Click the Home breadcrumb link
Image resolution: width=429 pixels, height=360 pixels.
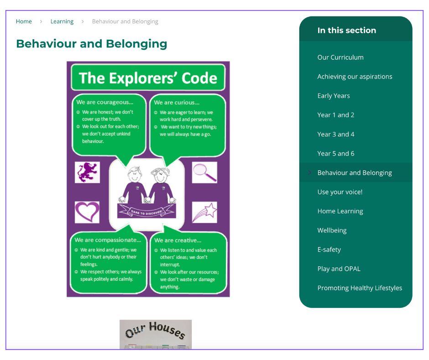[24, 21]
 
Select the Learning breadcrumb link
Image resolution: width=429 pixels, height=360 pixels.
[62, 21]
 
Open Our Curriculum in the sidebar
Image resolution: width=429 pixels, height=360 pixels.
[340, 57]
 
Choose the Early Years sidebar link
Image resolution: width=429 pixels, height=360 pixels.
[334, 95]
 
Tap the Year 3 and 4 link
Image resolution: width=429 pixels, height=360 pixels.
[336, 134]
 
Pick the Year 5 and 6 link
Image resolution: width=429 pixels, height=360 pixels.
[336, 154]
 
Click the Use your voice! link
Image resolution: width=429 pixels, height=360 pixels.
[340, 192]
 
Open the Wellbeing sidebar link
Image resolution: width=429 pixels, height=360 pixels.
[332, 230]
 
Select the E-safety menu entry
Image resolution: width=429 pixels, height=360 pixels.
[329, 249]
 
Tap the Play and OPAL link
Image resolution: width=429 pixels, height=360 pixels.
[339, 269]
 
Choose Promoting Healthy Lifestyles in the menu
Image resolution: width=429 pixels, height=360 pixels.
[360, 288]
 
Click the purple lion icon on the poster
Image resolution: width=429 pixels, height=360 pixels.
[87, 172]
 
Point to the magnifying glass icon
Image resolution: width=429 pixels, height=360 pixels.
[204, 172]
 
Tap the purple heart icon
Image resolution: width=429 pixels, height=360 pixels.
[87, 212]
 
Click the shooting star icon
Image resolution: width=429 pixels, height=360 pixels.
[204, 212]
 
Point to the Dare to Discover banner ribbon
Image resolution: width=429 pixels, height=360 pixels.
[146, 211]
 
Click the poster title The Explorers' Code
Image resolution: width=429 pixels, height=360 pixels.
[148, 78]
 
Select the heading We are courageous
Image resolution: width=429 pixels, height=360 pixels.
[105, 102]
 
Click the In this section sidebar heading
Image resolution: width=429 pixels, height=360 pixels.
[347, 30]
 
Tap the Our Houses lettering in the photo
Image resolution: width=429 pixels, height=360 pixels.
[156, 330]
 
